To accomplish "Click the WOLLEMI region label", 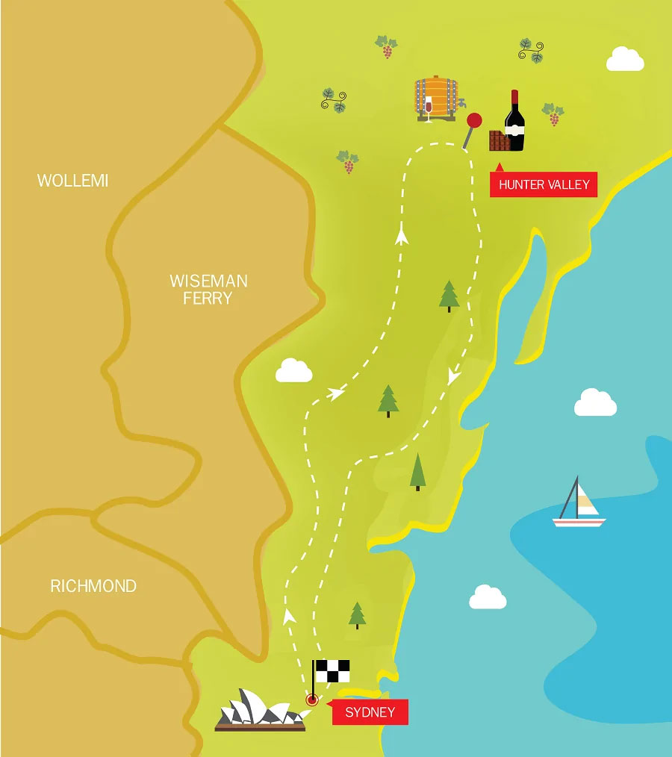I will [72, 181].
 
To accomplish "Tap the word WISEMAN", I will [208, 281].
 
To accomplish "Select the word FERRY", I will [208, 299].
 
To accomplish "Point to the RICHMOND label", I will [93, 586].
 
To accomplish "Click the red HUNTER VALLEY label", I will [544, 184].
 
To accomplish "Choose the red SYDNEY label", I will [370, 712].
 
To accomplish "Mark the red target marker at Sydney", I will [312, 700].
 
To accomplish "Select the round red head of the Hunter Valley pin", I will [473, 120].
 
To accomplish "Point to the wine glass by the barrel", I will [428, 109].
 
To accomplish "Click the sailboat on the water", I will [579, 504].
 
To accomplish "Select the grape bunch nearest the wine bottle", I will [553, 114].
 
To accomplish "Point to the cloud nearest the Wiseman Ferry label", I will [293, 370].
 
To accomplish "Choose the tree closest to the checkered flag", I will [357, 614].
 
